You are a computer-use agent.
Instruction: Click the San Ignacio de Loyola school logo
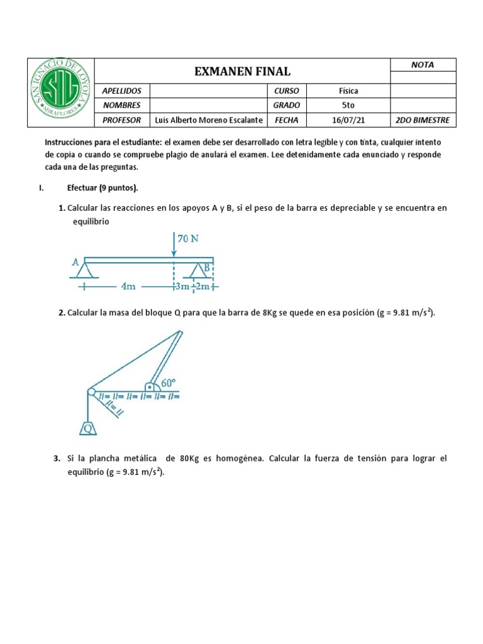[x=61, y=93]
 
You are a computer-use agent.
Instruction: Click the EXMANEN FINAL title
[x=242, y=72]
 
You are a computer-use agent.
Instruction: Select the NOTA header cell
[x=423, y=65]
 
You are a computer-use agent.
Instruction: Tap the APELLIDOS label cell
[x=122, y=91]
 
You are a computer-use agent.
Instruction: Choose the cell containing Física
[x=348, y=91]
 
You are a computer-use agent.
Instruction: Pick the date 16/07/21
[x=348, y=120]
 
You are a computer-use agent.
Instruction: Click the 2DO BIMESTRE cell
[x=423, y=120]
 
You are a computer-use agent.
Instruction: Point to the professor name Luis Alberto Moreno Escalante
[x=208, y=120]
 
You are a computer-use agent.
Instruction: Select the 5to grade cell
[x=348, y=105]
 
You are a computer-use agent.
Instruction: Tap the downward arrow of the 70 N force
[x=174, y=245]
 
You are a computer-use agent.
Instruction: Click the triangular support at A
[x=86, y=270]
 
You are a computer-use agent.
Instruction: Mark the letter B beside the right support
[x=206, y=268]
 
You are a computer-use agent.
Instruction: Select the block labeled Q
[x=87, y=429]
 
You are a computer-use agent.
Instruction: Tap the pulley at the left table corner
[x=92, y=392]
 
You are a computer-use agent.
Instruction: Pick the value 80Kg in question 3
[x=190, y=458]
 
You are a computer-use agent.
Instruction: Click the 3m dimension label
[x=182, y=287]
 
